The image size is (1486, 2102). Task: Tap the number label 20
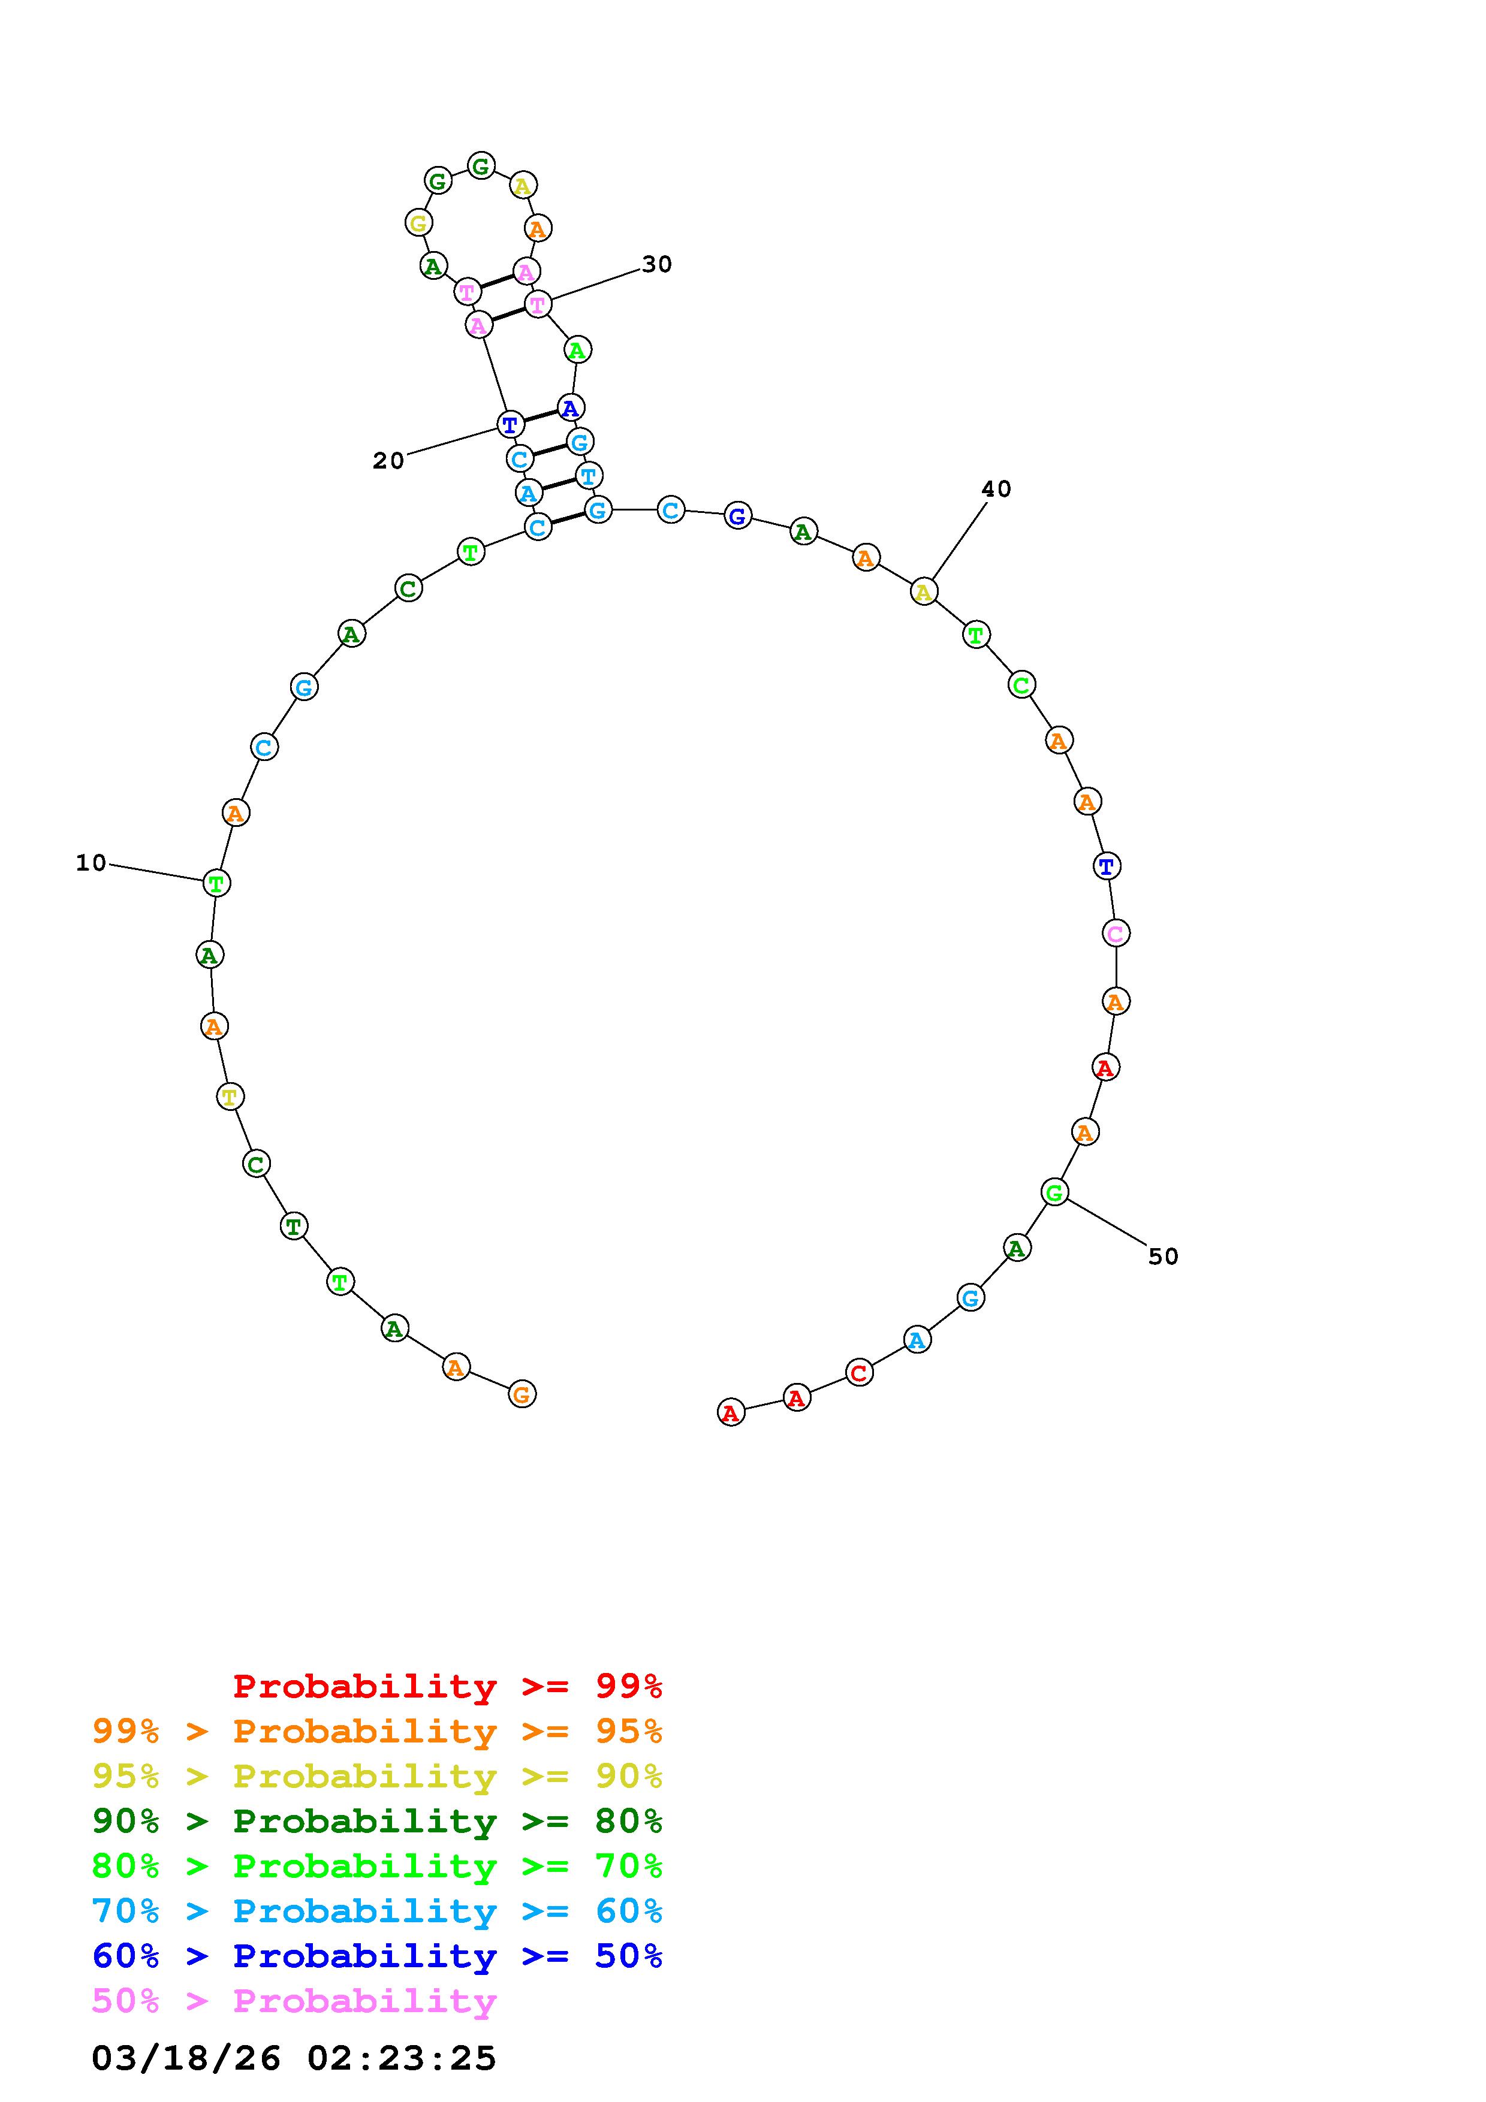pos(388,461)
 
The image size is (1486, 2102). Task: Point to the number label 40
pos(996,489)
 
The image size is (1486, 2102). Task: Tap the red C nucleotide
pos(859,1373)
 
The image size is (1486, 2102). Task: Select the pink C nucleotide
pos(1115,933)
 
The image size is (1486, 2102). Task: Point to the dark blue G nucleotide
pos(737,517)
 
